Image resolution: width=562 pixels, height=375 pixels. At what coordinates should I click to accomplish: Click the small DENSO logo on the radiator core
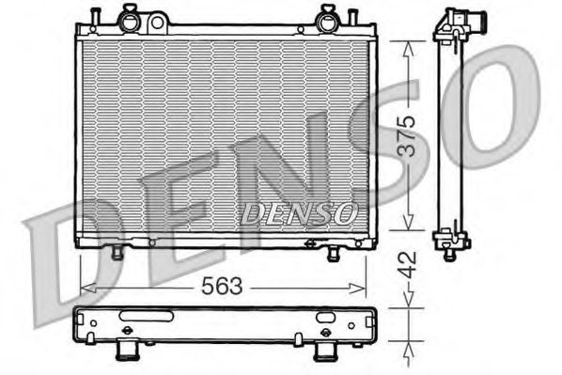click(x=299, y=213)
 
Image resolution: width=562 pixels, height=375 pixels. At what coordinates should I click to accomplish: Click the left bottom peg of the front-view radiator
click(x=117, y=253)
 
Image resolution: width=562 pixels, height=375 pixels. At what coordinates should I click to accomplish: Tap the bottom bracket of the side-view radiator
click(x=451, y=242)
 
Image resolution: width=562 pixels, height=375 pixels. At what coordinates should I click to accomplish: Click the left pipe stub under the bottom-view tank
click(x=127, y=351)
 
